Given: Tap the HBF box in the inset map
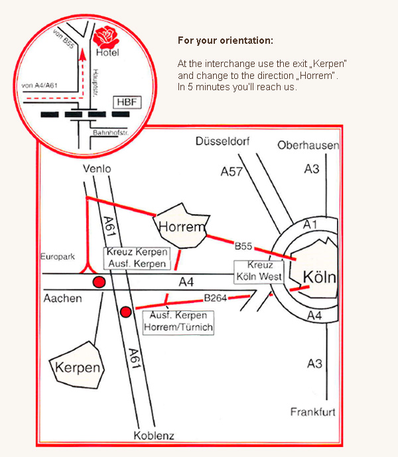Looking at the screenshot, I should point(124,102).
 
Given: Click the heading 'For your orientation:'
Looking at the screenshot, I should point(225,40).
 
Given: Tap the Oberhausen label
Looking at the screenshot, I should point(308,145).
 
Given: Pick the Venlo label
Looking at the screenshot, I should point(97,169).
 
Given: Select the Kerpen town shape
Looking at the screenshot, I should point(79,367).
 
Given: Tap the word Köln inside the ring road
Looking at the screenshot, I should point(319,277).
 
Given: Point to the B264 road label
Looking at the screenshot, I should point(216,298).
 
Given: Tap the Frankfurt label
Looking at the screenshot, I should point(313,412).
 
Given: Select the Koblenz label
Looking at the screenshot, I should point(153,436).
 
